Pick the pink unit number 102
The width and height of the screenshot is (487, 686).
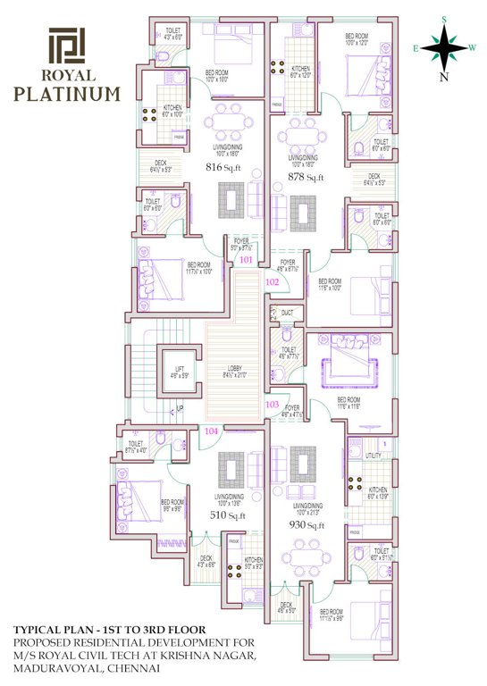pos(273,283)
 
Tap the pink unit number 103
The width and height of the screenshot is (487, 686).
pos(273,404)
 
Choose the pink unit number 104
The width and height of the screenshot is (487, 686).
pos(212,431)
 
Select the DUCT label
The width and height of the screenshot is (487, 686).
pos(287,314)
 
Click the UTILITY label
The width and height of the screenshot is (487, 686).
pos(374,456)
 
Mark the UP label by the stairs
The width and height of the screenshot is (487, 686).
pos(181,409)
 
